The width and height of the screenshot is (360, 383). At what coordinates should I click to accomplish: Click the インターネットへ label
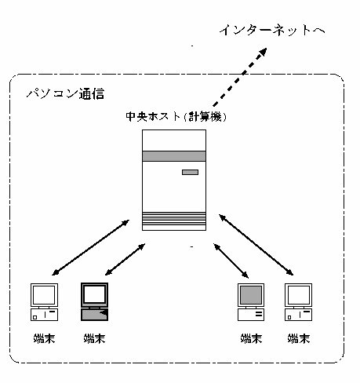[272, 30]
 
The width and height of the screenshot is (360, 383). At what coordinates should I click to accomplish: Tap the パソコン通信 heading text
[65, 93]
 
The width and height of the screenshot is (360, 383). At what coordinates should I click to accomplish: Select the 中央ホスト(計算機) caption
[176, 117]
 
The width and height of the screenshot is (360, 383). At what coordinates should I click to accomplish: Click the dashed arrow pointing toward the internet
[240, 77]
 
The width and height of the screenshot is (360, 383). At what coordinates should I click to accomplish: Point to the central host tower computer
[174, 180]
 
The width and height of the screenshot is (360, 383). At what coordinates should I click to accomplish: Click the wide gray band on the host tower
[174, 156]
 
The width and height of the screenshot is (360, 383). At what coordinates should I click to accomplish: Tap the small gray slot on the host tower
[190, 172]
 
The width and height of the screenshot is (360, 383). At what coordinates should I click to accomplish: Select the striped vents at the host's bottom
[174, 219]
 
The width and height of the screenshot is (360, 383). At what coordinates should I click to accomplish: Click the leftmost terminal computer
[44, 302]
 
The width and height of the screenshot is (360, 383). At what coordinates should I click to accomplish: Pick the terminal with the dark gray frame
[94, 301]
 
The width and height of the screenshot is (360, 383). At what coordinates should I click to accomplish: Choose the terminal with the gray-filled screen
[251, 302]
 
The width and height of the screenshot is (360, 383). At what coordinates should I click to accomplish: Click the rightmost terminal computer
[298, 302]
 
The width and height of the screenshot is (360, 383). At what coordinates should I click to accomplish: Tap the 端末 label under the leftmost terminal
[44, 338]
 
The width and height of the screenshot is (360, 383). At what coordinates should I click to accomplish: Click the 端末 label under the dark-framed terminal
[94, 338]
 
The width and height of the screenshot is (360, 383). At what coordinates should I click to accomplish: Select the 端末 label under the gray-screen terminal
[251, 338]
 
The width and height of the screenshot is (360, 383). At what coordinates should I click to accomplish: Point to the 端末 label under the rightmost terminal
[299, 338]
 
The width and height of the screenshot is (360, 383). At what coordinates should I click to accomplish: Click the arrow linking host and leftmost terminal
[90, 247]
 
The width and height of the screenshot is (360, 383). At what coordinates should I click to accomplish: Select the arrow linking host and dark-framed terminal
[125, 260]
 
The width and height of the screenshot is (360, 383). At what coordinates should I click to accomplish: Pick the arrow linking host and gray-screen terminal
[231, 261]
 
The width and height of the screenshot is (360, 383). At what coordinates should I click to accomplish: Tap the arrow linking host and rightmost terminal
[256, 245]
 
